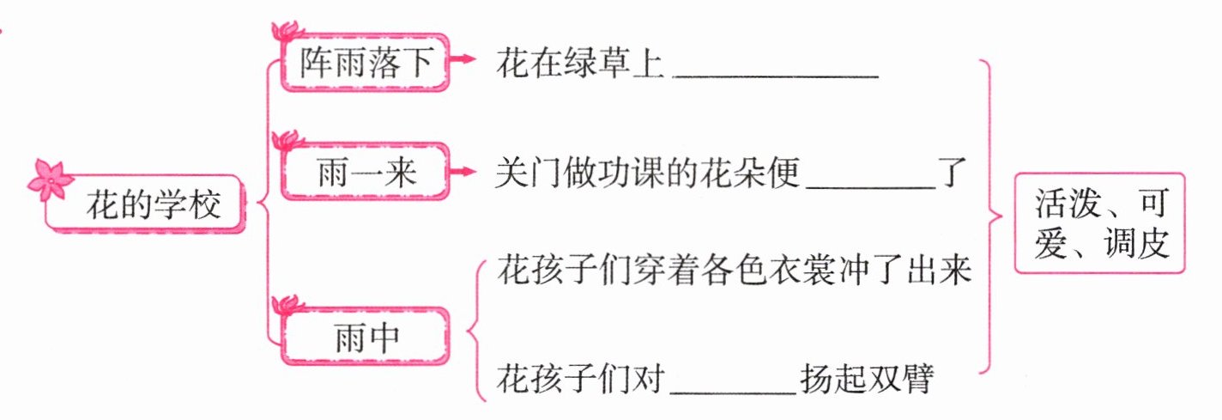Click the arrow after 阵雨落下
pyautogui.click(x=463, y=59)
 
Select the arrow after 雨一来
pyautogui.click(x=463, y=172)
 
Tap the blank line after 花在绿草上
pyautogui.click(x=777, y=73)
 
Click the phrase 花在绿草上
pyautogui.click(x=581, y=64)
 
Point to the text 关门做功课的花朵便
pyautogui.click(x=648, y=174)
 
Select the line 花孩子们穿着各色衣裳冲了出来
pyautogui.click(x=734, y=273)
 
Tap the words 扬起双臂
pyautogui.click(x=866, y=378)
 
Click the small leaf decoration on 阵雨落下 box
pyautogui.click(x=285, y=32)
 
